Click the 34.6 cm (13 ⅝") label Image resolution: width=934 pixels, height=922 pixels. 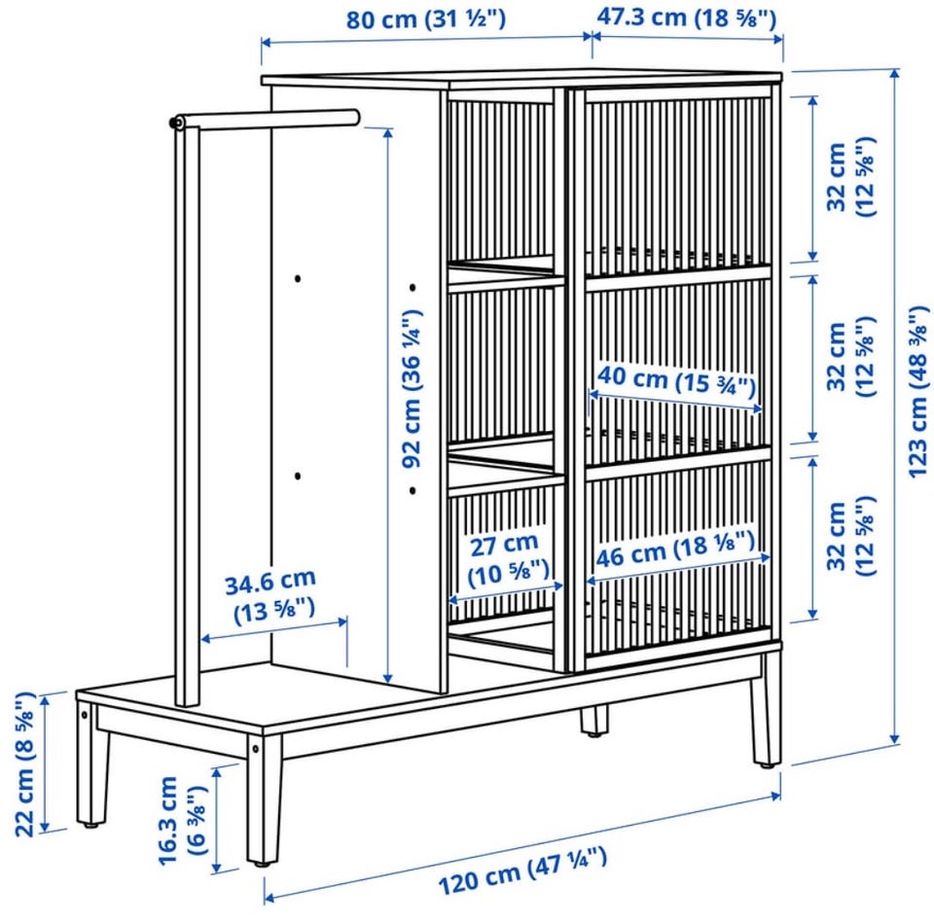[271, 597]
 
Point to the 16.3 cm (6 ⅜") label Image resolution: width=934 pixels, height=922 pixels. [179, 820]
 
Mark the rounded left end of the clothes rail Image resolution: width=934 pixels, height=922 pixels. [176, 123]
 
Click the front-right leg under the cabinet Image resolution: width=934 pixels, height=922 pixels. [767, 710]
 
